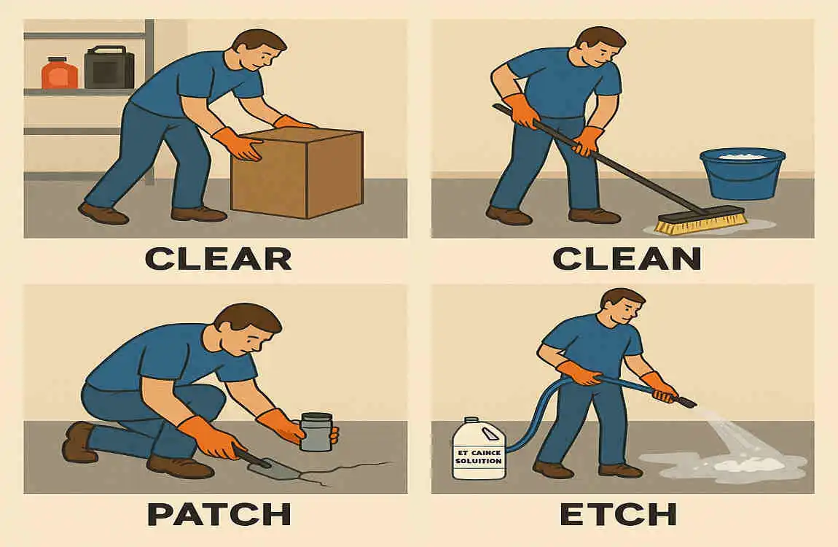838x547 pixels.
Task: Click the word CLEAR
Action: pos(218,258)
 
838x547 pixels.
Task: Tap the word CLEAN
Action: pos(627,258)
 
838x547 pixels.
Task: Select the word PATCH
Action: pos(219,514)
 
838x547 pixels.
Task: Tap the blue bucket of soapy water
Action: pos(742,174)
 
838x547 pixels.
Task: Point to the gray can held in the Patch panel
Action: pos(316,432)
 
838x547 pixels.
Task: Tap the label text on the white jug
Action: pos(479,457)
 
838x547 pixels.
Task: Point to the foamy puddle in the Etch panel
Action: pos(729,464)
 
